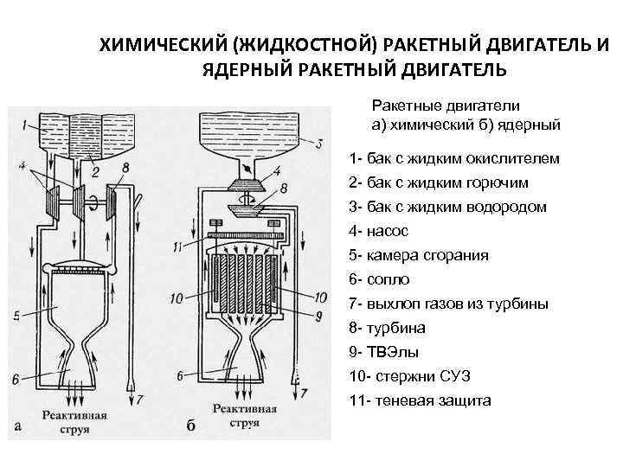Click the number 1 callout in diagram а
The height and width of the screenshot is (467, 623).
pyautogui.click(x=27, y=118)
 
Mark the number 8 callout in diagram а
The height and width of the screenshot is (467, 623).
pyautogui.click(x=126, y=167)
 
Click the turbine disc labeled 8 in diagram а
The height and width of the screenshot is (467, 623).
pyautogui.click(x=112, y=205)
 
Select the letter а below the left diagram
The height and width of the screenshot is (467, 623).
pyautogui.click(x=18, y=425)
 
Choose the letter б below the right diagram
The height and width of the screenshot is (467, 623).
pyautogui.click(x=190, y=425)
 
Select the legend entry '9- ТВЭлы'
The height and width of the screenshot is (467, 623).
pyautogui.click(x=386, y=352)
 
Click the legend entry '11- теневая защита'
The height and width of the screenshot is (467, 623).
pyautogui.click(x=420, y=400)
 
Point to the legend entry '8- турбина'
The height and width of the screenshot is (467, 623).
pyautogui.click(x=389, y=328)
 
